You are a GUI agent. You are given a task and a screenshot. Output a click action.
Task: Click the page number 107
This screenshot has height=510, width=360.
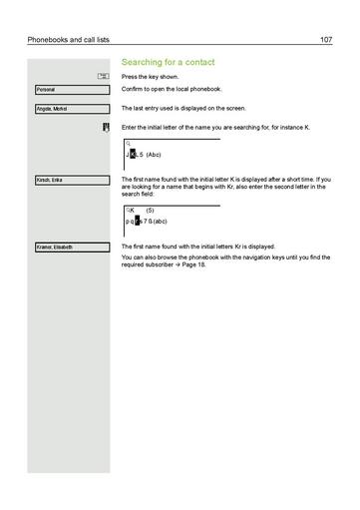(326, 40)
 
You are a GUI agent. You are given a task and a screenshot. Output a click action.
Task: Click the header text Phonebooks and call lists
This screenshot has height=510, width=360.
(68, 40)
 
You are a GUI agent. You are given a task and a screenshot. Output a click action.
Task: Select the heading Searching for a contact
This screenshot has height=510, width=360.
(168, 62)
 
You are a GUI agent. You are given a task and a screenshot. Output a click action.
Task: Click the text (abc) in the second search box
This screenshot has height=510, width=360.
(159, 222)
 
